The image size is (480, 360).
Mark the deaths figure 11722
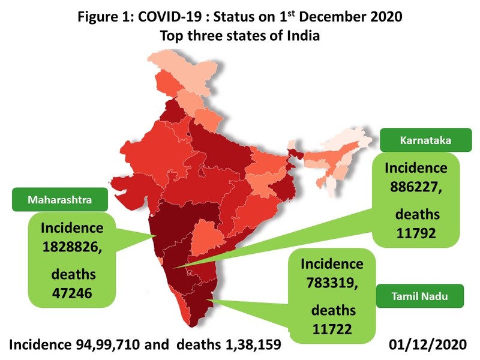331,328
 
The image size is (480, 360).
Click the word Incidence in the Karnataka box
416,167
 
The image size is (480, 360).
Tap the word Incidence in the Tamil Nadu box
332,263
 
